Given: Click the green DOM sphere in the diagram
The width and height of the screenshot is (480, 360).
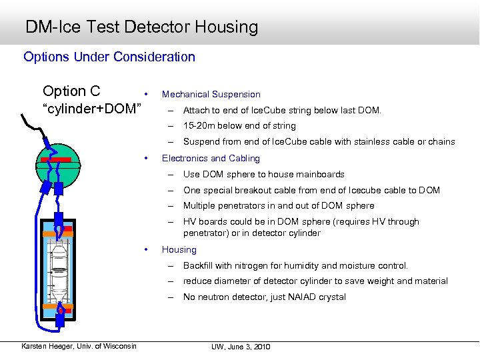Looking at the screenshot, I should (58, 175).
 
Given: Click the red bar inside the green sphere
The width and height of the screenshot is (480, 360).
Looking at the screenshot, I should (58, 160).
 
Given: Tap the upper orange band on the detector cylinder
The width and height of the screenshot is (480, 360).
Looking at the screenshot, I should (59, 233).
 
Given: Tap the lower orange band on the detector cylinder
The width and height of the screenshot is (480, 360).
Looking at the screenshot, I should (59, 306).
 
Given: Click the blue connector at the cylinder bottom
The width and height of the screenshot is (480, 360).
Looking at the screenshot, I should (59, 319).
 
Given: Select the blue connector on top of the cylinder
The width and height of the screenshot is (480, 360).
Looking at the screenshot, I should (59, 219).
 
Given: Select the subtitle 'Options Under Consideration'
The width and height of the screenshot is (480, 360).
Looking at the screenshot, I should (109, 57).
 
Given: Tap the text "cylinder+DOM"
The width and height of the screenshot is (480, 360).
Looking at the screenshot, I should (93, 109).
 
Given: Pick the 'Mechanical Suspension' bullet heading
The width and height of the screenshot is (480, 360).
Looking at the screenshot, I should (211, 95).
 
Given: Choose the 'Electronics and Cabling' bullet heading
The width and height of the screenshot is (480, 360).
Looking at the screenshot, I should (211, 159).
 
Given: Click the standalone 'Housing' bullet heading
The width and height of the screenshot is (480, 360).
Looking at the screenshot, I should (179, 250).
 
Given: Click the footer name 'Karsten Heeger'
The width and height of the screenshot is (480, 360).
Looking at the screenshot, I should (49, 345).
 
